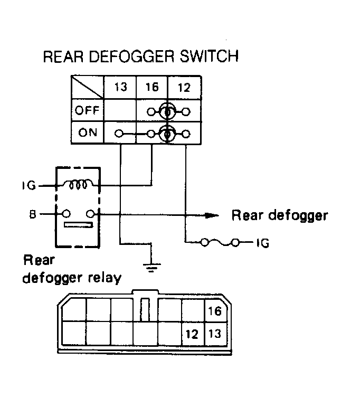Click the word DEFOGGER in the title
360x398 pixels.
tap(131, 56)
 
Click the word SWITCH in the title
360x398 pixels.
tap(209, 56)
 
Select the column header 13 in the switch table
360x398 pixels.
tap(120, 87)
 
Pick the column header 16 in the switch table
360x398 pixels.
tap(152, 87)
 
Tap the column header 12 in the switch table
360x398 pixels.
tap(184, 88)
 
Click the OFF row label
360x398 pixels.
tap(87, 110)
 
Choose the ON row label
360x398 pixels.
tap(88, 132)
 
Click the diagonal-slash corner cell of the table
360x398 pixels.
tap(88, 87)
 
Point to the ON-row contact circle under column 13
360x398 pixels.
tap(119, 134)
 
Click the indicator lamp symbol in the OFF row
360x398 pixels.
tap(167, 111)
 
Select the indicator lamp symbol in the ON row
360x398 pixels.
tap(167, 134)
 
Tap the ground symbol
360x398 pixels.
tap(151, 268)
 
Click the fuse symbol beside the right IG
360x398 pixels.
tap(220, 242)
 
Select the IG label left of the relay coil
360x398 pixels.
tap(29, 186)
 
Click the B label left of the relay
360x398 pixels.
tap(33, 214)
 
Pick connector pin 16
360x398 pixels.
tap(214, 311)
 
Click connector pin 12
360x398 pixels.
tap(192, 334)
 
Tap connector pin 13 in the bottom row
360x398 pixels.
tap(215, 334)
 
